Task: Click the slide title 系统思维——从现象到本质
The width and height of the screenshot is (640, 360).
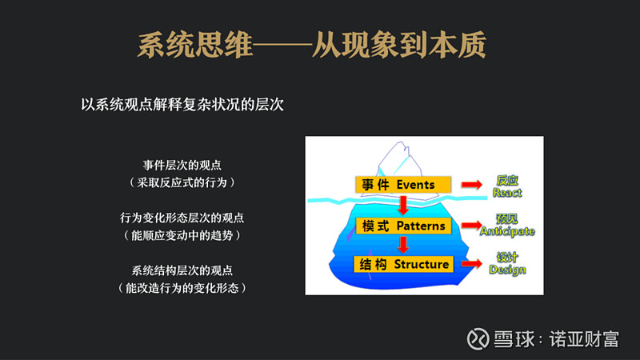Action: click(311, 45)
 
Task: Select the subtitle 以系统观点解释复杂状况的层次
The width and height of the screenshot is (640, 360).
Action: click(182, 104)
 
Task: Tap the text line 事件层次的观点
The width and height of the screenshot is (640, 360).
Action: click(182, 165)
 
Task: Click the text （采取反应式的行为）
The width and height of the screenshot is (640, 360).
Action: click(182, 182)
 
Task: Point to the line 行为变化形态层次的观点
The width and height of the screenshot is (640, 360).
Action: click(182, 218)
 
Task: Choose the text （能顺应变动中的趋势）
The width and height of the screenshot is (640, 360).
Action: click(182, 235)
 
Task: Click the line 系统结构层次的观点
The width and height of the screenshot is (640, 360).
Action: click(182, 270)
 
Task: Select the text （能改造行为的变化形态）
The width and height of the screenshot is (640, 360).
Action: click(182, 287)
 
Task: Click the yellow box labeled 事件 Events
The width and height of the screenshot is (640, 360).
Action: click(403, 185)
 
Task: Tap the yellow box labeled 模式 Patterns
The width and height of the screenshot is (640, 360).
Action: click(403, 226)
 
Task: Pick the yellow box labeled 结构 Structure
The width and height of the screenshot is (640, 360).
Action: click(403, 264)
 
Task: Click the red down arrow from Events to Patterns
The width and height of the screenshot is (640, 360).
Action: click(403, 206)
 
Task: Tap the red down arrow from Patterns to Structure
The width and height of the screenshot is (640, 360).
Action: click(403, 245)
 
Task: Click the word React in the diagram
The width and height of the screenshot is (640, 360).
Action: click(507, 193)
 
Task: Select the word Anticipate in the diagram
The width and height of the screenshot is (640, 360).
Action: click(507, 231)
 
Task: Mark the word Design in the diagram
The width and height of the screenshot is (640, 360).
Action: click(507, 270)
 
